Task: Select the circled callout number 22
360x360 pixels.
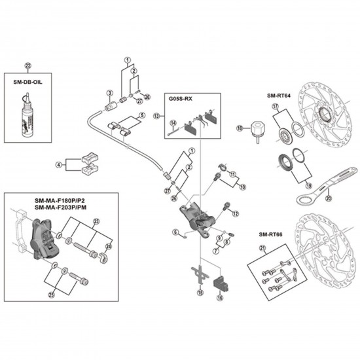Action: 27,65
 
